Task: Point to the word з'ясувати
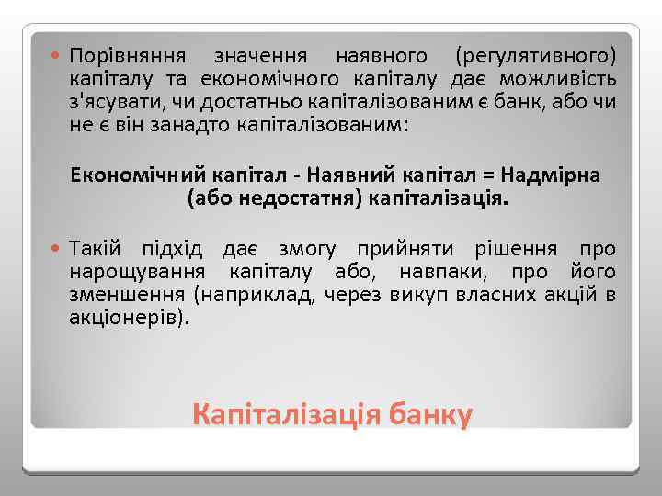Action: click(x=110, y=101)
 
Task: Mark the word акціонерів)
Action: click(x=128, y=318)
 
